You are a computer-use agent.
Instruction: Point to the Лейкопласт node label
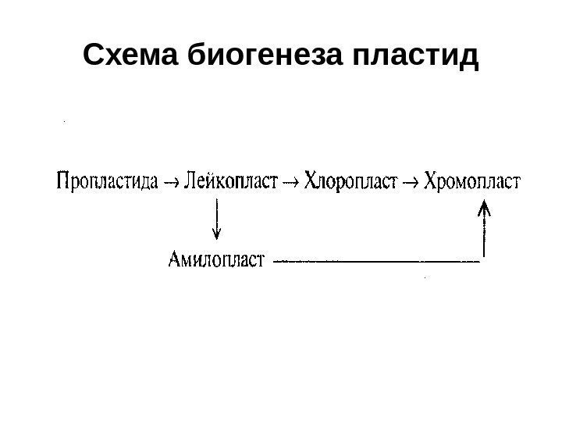pos(231,184)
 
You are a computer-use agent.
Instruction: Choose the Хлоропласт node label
pos(350,184)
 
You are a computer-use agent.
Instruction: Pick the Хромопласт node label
pos(474,184)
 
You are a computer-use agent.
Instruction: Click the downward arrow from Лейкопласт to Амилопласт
pos(217,219)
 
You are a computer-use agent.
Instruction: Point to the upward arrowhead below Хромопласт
pos(485,207)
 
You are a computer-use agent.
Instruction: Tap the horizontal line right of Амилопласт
pos(379,260)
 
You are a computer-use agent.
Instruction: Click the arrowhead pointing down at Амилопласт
pos(217,233)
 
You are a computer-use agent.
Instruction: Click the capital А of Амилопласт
pos(175,258)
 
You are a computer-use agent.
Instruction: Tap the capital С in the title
pos(92,56)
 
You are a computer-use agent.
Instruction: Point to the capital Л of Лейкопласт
pos(190,183)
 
